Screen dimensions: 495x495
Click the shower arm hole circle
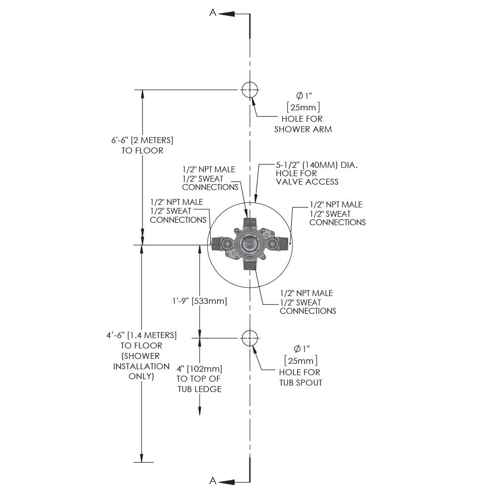tap(250, 90)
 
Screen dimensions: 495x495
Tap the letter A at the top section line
tap(213, 13)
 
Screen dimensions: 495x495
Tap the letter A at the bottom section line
tap(213, 481)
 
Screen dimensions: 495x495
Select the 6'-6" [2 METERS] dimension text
tap(142, 140)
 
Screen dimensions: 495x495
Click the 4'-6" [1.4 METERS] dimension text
tap(142, 335)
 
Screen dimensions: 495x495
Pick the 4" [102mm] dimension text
tap(199, 369)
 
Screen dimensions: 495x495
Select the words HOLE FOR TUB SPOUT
tap(300, 377)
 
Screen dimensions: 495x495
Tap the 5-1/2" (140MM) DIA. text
tap(317, 164)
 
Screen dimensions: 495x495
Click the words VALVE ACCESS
tap(307, 182)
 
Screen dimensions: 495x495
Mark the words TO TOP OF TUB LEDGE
tap(199, 384)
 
